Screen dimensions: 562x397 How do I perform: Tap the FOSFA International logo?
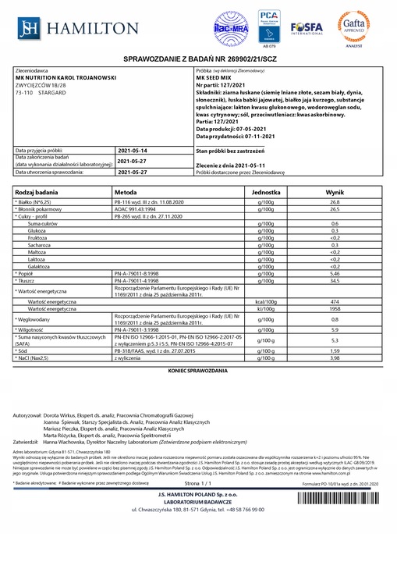coord(307,28)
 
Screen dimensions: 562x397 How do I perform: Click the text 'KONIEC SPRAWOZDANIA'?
coord(198,369)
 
